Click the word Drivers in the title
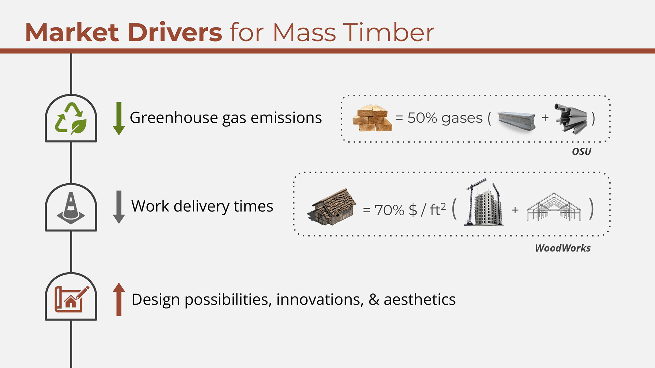click(x=175, y=33)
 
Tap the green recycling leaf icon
click(x=71, y=118)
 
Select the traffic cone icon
click(x=71, y=208)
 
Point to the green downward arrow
click(x=119, y=118)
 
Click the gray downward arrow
click(x=119, y=207)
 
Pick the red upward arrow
click(x=119, y=299)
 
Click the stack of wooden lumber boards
click(x=372, y=118)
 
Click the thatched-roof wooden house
click(x=332, y=207)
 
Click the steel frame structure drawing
click(x=554, y=207)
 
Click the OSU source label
click(x=582, y=151)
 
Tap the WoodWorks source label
click(x=563, y=248)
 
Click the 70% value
click(x=389, y=210)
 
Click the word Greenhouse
click(x=174, y=118)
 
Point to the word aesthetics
click(x=420, y=300)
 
